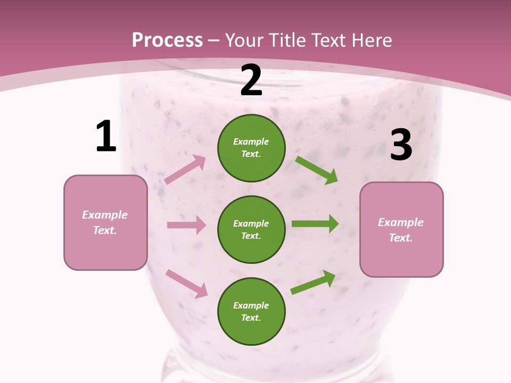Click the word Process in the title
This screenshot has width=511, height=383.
(x=167, y=40)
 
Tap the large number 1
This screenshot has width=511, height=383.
(x=106, y=136)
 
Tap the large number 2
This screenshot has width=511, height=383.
(x=251, y=80)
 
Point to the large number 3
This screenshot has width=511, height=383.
(x=401, y=145)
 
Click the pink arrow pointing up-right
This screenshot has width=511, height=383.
(x=185, y=169)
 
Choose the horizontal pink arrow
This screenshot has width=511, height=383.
(x=186, y=225)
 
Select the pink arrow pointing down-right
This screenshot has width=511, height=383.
(x=187, y=284)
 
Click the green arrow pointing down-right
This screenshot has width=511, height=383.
(x=317, y=170)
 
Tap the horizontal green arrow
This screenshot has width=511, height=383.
(x=315, y=223)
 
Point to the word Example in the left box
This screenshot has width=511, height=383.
(x=105, y=215)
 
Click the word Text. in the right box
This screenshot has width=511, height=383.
(x=401, y=238)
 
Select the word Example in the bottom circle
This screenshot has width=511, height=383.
(x=251, y=305)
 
